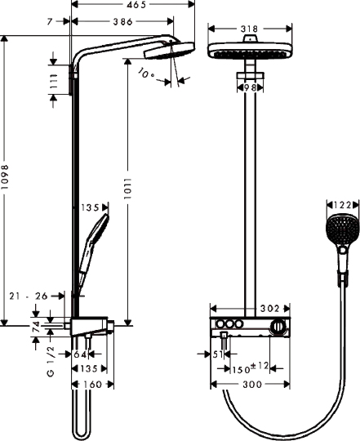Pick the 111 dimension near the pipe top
click(54, 81)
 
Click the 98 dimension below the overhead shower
click(250, 87)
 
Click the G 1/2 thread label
click(50, 360)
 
